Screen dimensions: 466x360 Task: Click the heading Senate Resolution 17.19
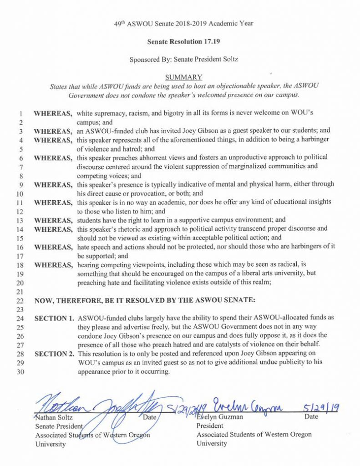click(x=181, y=41)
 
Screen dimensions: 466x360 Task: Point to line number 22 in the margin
click(x=20, y=301)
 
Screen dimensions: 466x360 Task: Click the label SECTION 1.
click(x=55, y=318)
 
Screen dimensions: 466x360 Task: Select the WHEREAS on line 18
click(x=53, y=265)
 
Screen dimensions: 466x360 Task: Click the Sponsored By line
click(x=181, y=59)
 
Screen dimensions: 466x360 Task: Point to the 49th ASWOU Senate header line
click(x=181, y=23)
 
